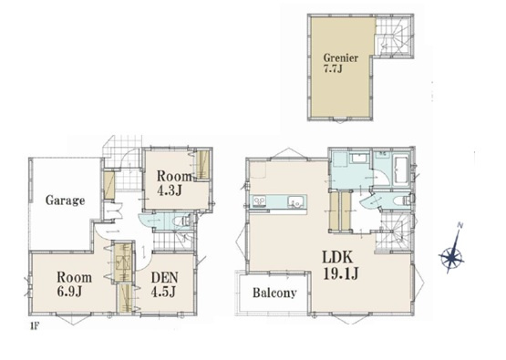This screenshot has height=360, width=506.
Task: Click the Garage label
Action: (x=65, y=201)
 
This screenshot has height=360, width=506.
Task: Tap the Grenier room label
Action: (x=341, y=58)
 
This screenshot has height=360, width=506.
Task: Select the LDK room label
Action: (x=338, y=258)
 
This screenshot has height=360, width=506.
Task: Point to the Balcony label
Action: (x=274, y=293)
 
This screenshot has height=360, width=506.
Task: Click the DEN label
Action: (x=165, y=278)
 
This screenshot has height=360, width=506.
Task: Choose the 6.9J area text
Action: (x=69, y=292)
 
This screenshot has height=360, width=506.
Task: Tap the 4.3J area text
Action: (x=170, y=190)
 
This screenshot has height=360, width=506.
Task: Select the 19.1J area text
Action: (x=340, y=274)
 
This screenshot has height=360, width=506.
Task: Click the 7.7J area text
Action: (x=333, y=68)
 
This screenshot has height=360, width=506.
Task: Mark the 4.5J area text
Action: (x=163, y=292)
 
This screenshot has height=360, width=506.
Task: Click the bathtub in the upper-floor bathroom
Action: (x=400, y=170)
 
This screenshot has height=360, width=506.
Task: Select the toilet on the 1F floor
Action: (x=182, y=221)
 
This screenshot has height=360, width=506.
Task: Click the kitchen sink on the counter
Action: (x=295, y=201)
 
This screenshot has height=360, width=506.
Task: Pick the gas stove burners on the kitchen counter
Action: (x=260, y=201)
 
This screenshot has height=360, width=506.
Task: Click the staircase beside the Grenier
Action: (x=394, y=36)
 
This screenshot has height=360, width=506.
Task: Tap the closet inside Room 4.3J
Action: (x=202, y=165)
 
